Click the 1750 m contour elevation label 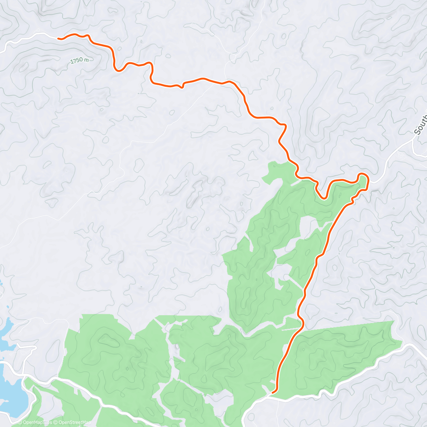click(x=79, y=61)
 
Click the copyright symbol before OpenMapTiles click(x=20, y=422)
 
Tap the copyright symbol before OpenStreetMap click(x=56, y=422)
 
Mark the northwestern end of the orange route click(x=58, y=39)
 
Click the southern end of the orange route click(x=273, y=392)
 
